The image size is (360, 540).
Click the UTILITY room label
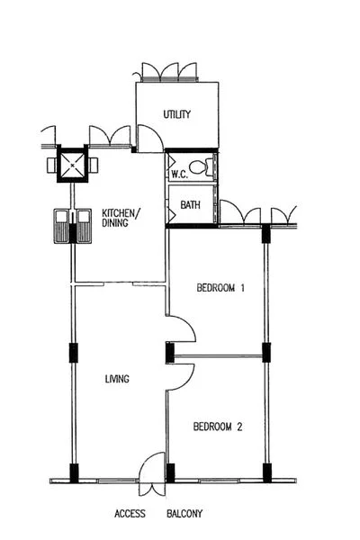(x=176, y=114)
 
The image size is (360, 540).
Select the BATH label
(x=190, y=205)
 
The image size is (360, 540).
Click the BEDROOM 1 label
(x=221, y=288)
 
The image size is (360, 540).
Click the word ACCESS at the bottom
(x=130, y=515)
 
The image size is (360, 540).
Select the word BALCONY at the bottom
(x=184, y=515)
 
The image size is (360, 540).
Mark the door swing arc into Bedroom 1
(x=183, y=328)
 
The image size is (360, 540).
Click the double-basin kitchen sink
(x=71, y=226)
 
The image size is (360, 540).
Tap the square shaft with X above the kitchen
(x=71, y=165)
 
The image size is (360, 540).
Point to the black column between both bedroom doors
(x=170, y=352)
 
